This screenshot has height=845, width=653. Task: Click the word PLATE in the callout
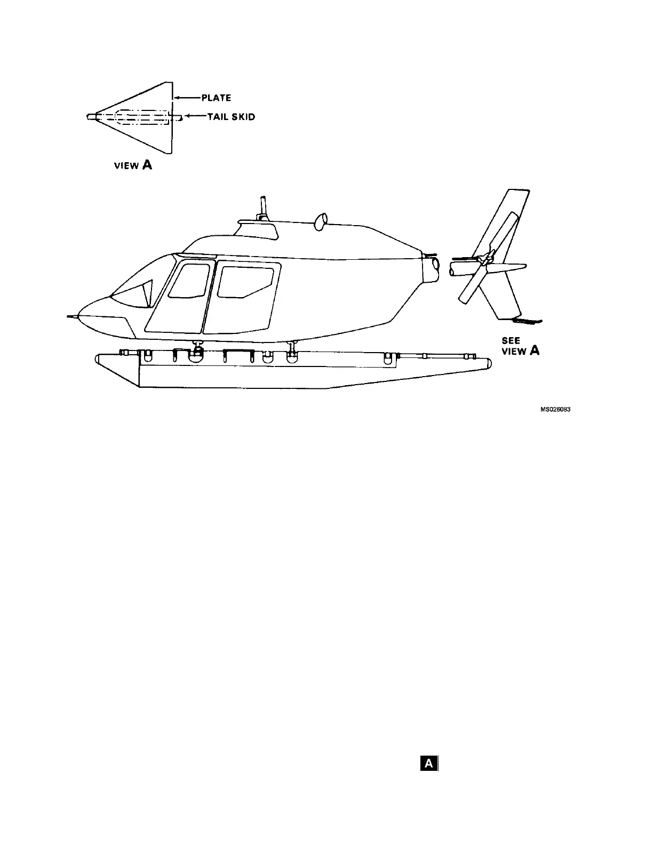pos(216,98)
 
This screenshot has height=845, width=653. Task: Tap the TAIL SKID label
pos(231,117)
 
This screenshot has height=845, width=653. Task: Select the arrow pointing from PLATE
pos(187,98)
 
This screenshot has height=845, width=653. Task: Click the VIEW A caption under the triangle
pos(133,165)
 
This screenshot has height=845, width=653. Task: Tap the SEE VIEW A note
pos(520,346)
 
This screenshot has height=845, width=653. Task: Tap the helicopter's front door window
pos(189,281)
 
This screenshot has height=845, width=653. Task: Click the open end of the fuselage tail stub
pos(435,264)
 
